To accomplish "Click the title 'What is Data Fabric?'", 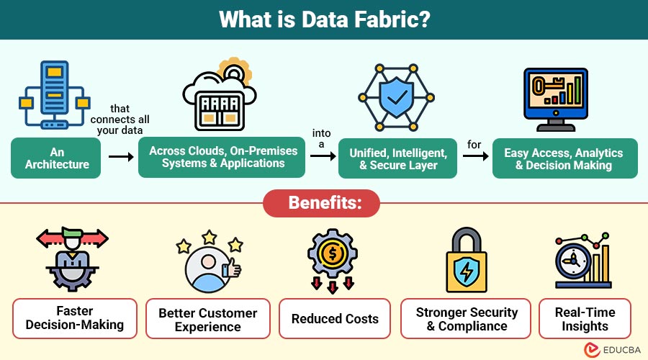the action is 325,19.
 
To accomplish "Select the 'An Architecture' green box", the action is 55,158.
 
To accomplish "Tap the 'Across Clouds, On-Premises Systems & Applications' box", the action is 222,158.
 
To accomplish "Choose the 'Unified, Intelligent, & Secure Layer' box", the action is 397,158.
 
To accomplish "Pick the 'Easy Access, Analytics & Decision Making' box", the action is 565,158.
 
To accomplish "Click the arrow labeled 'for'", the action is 476,156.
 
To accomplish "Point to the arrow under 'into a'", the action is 323,156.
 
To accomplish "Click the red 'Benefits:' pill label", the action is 322,203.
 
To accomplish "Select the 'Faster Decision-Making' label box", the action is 75,318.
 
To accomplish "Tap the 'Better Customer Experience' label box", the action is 208,319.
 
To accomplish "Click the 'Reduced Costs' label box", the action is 335,319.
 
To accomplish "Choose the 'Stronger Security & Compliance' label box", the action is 466,319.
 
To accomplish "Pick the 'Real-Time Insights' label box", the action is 585,319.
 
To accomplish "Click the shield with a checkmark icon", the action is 396,97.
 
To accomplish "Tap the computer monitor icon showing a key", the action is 555,99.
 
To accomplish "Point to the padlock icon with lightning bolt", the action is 467,260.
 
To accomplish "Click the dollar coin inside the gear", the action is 333,253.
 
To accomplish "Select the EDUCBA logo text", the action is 621,350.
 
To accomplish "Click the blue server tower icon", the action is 55,94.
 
